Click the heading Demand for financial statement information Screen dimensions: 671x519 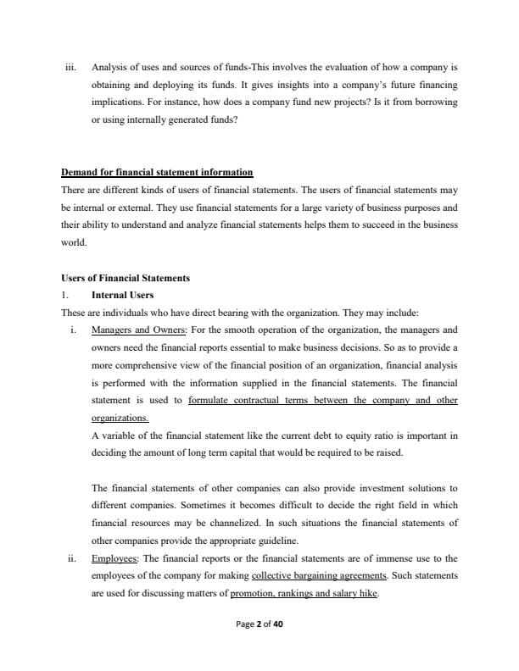157,173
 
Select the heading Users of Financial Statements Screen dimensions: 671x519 126,279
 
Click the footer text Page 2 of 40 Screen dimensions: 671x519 259,646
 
